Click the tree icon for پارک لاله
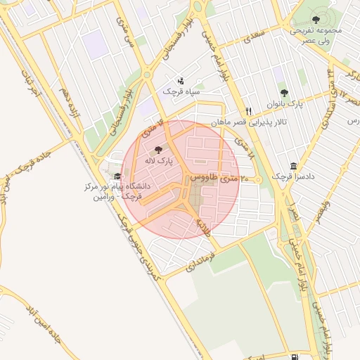click(157, 149)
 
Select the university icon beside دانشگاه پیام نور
click(117, 176)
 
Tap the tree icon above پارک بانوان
click(284, 92)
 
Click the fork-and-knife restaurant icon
click(248, 111)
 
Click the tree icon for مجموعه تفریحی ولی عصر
click(314, 19)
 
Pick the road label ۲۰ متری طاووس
click(220, 179)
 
